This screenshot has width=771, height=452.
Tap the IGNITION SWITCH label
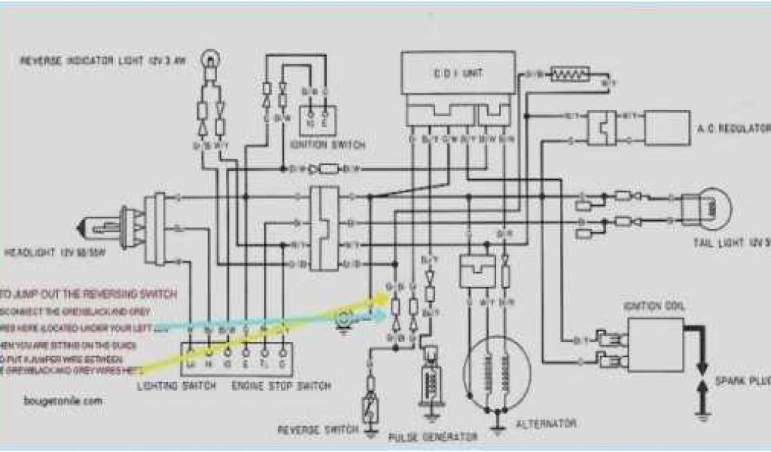[327, 144]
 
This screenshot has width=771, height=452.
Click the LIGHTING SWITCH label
[177, 386]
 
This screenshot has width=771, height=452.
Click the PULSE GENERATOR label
[432, 437]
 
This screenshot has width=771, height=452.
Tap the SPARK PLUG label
[745, 383]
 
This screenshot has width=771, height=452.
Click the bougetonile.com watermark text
[62, 402]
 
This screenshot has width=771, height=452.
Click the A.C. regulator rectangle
[667, 128]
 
